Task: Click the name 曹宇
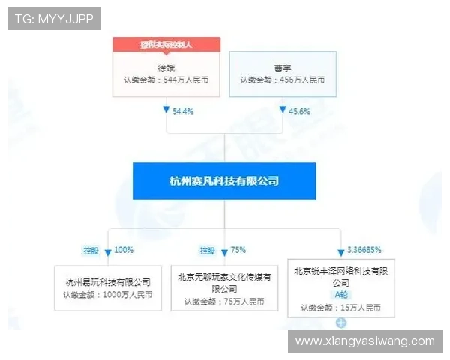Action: click(282, 66)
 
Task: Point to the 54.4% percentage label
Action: click(183, 111)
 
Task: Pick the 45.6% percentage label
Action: click(299, 111)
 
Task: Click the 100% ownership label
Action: click(125, 250)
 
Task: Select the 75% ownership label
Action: click(238, 250)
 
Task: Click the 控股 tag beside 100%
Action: click(91, 250)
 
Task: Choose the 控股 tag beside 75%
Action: click(207, 250)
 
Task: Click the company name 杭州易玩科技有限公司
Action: click(108, 282)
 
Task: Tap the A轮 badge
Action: click(341, 295)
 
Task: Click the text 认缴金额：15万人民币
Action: click(341, 307)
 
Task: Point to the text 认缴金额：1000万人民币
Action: click(108, 295)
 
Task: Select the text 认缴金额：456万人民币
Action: click(282, 79)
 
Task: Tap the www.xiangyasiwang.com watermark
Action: click(364, 341)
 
